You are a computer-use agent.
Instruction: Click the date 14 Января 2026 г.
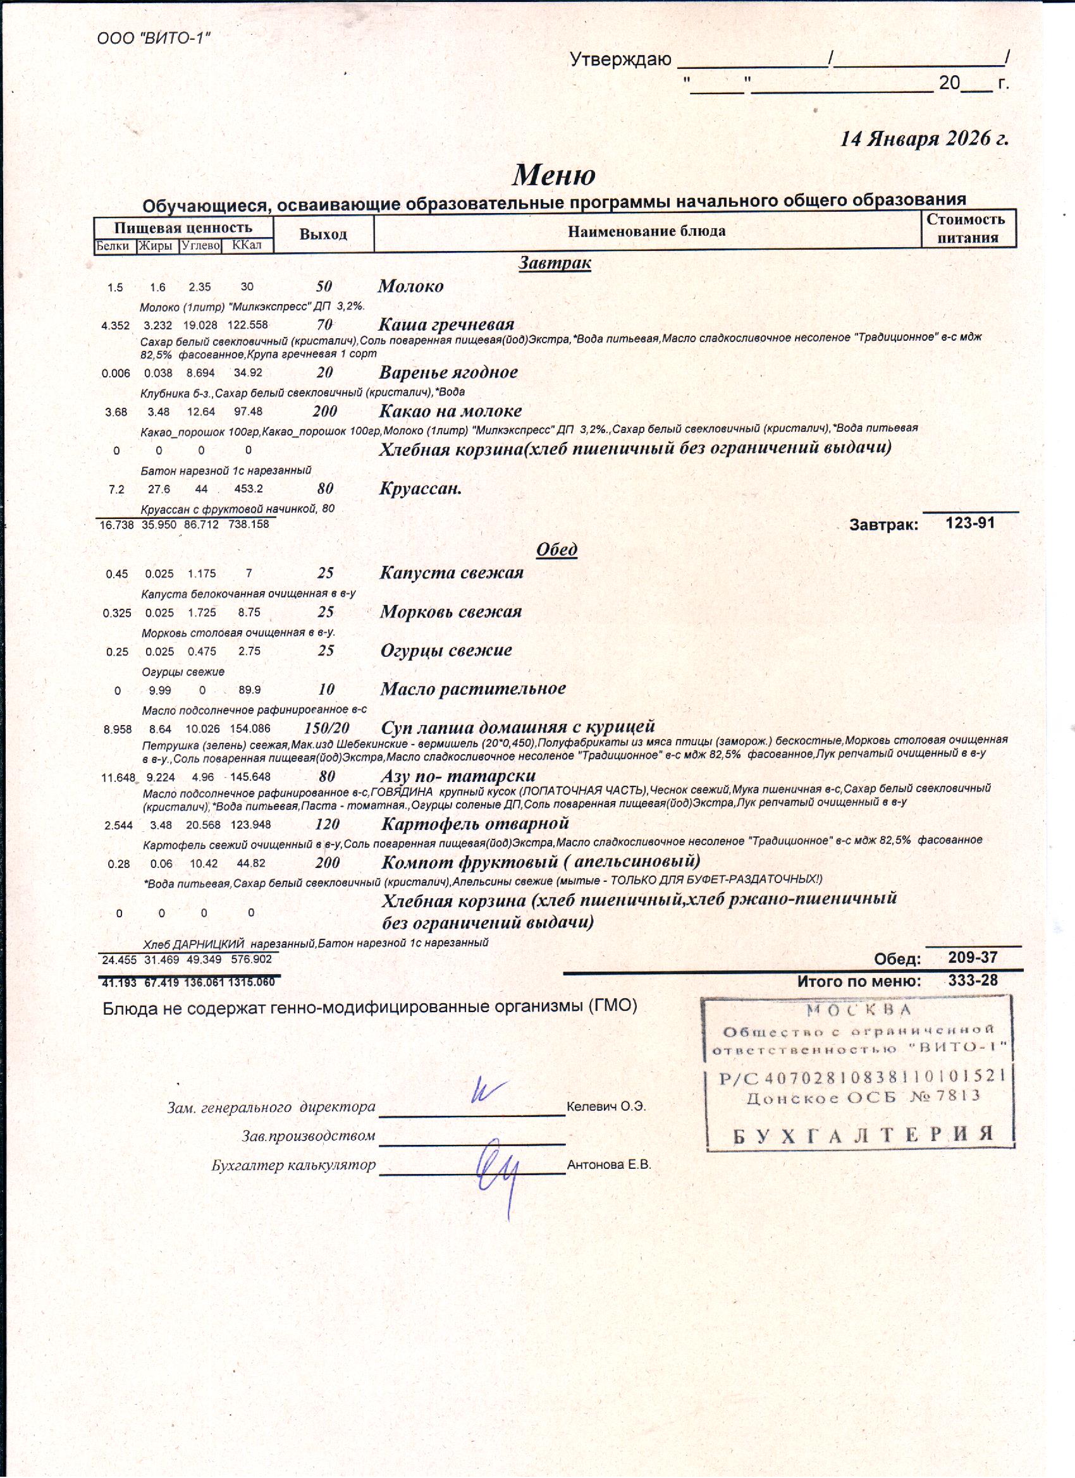pyautogui.click(x=924, y=138)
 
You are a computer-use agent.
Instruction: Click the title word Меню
pyautogui.click(x=553, y=174)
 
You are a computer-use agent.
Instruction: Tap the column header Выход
pyautogui.click(x=322, y=234)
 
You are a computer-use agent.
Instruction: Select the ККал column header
pyautogui.click(x=247, y=245)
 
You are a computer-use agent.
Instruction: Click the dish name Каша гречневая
pyautogui.click(x=446, y=324)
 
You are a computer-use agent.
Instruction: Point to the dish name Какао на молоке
pyautogui.click(x=450, y=410)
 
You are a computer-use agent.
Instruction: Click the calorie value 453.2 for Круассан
pyautogui.click(x=249, y=489)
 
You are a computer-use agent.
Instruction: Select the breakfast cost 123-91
pyautogui.click(x=970, y=523)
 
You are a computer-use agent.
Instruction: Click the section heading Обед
pyautogui.click(x=556, y=549)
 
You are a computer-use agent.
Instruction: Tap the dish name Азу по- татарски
pyautogui.click(x=458, y=776)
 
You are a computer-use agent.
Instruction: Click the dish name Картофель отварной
pyautogui.click(x=475, y=824)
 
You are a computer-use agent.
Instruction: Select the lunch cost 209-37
pyautogui.click(x=973, y=957)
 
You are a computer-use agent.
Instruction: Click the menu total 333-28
pyautogui.click(x=973, y=980)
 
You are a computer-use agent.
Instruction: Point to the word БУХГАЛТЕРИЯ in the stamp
pyautogui.click(x=863, y=1135)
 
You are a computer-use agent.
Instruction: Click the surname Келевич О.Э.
pyautogui.click(x=606, y=1106)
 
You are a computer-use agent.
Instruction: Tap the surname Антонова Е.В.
pyautogui.click(x=609, y=1164)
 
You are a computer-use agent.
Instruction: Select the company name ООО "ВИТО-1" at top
pyautogui.click(x=154, y=39)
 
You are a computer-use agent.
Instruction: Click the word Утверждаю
pyautogui.click(x=620, y=60)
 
